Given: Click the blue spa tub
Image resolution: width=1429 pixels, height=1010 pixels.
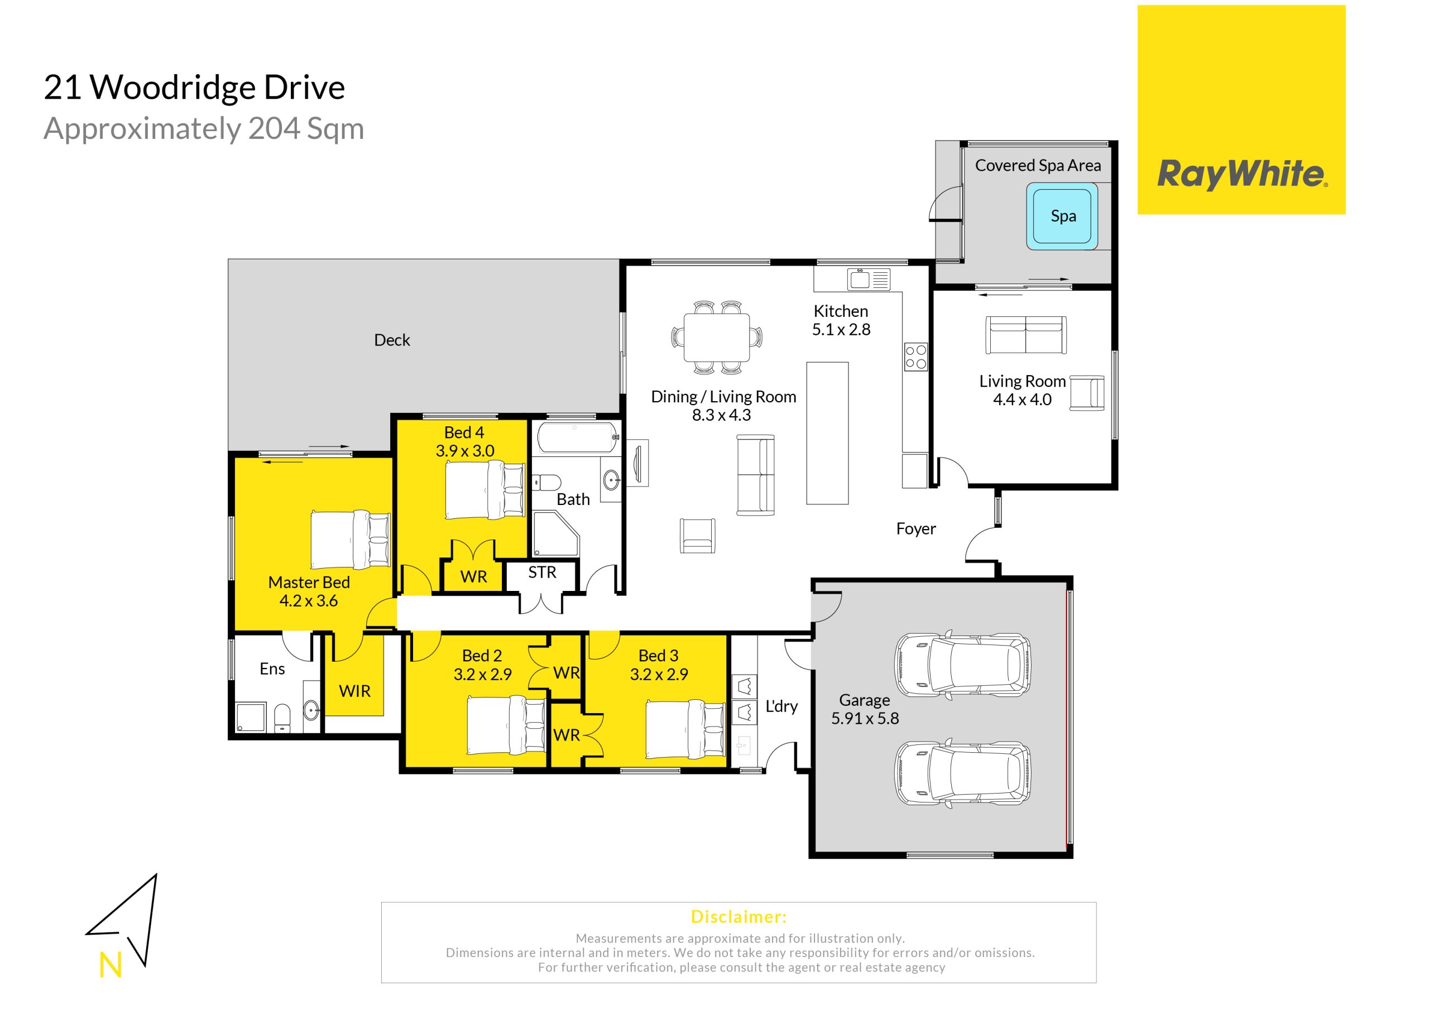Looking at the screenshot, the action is (1062, 216).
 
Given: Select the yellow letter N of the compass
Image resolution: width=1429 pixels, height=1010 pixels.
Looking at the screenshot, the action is (111, 966).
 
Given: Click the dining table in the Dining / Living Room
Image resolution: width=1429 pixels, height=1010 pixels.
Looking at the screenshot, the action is (716, 337).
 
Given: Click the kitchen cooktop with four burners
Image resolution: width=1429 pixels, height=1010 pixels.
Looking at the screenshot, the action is (916, 357).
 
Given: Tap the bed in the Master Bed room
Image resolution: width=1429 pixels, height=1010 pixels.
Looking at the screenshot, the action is (351, 540).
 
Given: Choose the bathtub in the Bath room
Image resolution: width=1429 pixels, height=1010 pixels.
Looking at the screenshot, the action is (578, 437).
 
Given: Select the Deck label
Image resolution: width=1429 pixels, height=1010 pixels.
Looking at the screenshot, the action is (392, 340).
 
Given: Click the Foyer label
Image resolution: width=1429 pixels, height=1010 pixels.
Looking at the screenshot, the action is (915, 528).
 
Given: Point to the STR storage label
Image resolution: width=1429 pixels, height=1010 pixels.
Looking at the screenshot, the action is (542, 572).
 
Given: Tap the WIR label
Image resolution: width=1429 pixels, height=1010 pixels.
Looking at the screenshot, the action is (355, 691).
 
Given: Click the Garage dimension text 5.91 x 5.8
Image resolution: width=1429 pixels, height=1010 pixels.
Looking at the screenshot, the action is (865, 718).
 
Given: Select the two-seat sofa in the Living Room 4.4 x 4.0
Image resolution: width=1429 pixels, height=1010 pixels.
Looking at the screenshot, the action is (1025, 335).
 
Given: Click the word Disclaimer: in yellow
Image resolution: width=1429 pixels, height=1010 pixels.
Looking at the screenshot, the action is (739, 917).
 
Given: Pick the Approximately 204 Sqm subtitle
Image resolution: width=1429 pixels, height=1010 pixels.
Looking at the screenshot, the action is (204, 129).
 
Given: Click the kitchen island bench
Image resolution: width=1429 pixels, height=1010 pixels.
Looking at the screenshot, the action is (827, 433).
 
